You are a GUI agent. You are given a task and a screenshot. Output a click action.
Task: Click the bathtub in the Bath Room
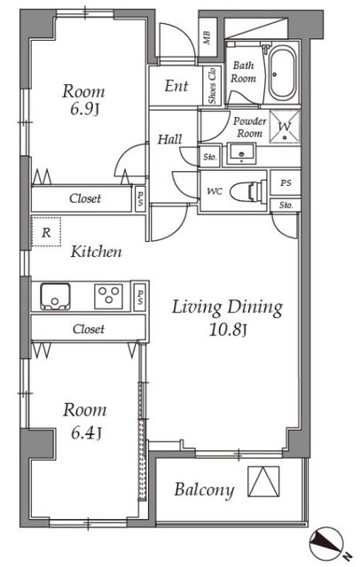click(x=282, y=74)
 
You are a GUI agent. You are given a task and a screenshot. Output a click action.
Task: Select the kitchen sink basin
click(x=55, y=296)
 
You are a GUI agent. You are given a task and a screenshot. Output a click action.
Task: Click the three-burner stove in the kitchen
click(x=108, y=296)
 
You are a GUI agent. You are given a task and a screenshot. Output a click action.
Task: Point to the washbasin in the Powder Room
click(x=241, y=153)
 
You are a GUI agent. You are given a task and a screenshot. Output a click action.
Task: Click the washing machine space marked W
click(x=285, y=127)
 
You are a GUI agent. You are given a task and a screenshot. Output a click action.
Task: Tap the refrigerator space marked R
click(x=46, y=232)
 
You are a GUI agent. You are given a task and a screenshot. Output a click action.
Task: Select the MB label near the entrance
click(x=207, y=37)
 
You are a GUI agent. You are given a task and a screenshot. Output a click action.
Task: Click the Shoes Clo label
click(x=212, y=86)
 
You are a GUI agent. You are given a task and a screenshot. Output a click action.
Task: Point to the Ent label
click(x=176, y=86)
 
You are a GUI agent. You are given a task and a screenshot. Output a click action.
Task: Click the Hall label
click(x=169, y=139)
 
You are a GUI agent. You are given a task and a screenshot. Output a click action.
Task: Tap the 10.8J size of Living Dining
click(x=228, y=330)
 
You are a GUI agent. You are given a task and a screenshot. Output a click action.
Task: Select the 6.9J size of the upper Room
click(x=84, y=109)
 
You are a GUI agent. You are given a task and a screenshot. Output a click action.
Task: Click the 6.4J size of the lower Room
click(x=86, y=432)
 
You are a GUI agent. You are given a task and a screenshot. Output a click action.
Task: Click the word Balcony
click(x=204, y=490)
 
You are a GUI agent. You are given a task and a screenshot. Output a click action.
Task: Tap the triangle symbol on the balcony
click(x=263, y=481)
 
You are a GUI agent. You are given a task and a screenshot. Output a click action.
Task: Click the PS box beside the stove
click(x=140, y=297)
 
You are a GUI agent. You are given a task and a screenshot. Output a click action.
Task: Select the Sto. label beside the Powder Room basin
click(x=210, y=158)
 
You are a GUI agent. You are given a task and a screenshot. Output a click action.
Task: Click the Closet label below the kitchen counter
click(x=89, y=329)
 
